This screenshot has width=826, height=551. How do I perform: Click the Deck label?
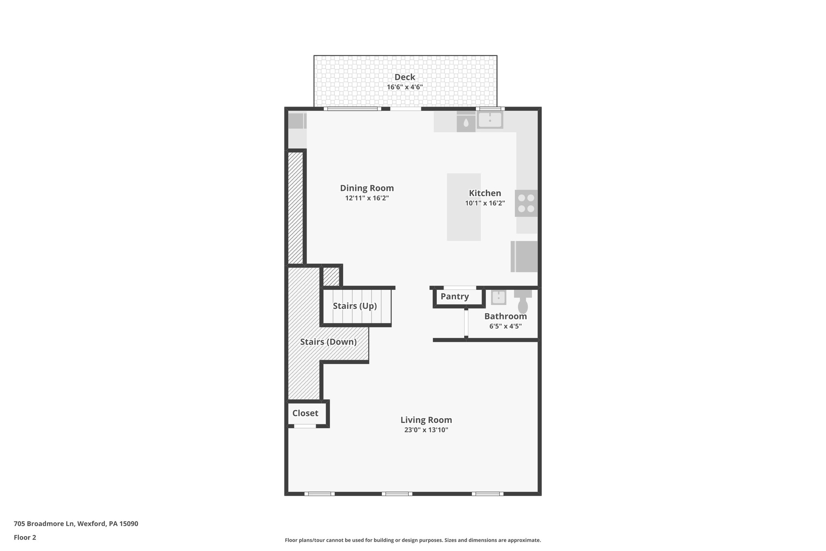coord(405,77)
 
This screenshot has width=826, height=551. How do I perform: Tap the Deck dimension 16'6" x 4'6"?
coord(405,87)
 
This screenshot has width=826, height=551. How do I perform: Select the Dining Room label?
coord(367,188)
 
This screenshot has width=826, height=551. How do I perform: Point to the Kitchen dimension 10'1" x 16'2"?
coord(485,203)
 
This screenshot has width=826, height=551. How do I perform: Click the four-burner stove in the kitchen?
coord(526,203)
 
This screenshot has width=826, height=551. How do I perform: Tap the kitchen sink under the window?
coord(490,120)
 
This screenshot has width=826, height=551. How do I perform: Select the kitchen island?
coord(463,207)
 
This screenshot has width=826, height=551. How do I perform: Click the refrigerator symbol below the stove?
coord(524,257)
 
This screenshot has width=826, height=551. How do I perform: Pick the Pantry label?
coord(455,297)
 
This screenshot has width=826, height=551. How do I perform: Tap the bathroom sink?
coord(499,297)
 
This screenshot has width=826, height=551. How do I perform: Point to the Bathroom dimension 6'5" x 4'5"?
coord(505,326)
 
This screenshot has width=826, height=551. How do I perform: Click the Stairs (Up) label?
coord(355,306)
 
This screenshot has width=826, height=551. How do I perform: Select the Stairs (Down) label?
coord(328,342)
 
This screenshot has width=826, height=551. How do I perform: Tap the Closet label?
coord(305,413)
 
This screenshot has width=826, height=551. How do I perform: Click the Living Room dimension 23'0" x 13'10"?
coord(426,430)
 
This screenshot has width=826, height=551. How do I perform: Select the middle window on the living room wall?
coord(397,494)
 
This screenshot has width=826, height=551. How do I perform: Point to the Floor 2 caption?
coord(25,538)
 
